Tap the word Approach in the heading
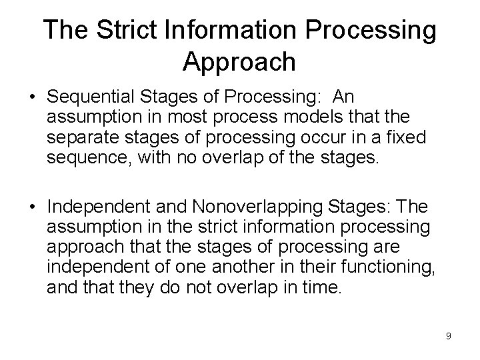tap(238, 61)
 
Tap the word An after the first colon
tap(344, 96)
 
